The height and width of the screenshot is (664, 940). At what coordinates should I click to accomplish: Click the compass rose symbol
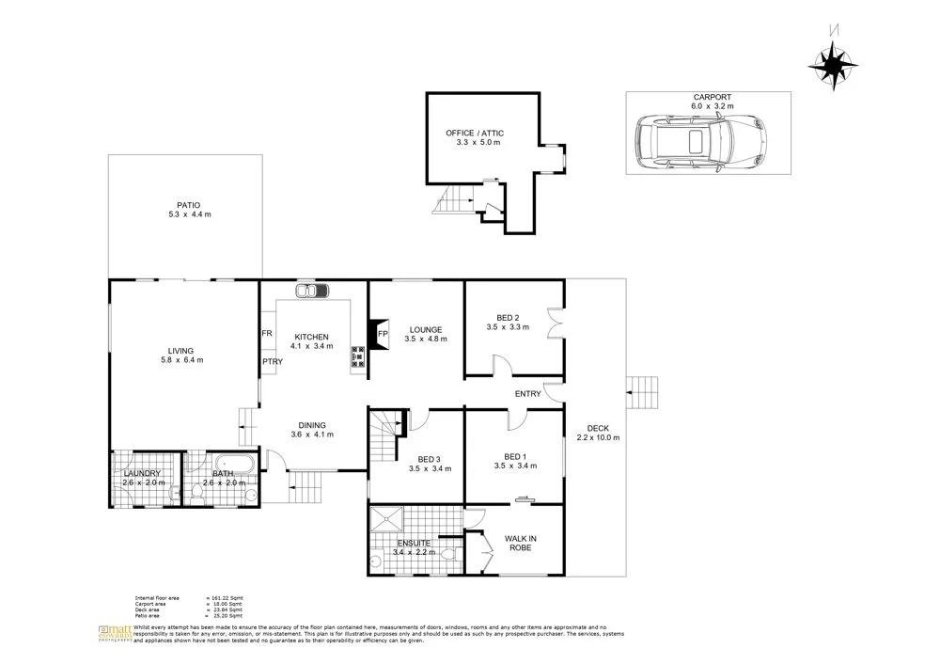(x=833, y=65)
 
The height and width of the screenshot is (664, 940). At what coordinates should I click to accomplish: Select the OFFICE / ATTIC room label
(x=473, y=133)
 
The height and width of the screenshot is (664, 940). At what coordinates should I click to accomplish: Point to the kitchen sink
(x=308, y=291)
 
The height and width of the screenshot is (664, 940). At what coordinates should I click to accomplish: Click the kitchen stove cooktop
(x=358, y=356)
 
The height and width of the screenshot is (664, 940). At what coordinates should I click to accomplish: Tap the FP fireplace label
(x=382, y=334)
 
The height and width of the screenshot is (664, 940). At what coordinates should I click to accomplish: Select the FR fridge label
(x=267, y=334)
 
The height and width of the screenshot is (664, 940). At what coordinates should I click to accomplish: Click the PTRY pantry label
(x=273, y=361)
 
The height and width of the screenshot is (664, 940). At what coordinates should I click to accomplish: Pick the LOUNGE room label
(x=423, y=329)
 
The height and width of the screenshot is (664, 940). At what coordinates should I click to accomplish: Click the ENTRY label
(x=527, y=394)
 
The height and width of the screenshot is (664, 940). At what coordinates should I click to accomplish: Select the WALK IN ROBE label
(x=520, y=543)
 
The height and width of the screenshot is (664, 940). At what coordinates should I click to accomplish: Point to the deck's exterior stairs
(x=643, y=387)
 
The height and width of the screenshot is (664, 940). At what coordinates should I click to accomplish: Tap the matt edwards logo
(x=115, y=633)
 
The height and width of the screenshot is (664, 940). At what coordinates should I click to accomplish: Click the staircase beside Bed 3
(x=384, y=430)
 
